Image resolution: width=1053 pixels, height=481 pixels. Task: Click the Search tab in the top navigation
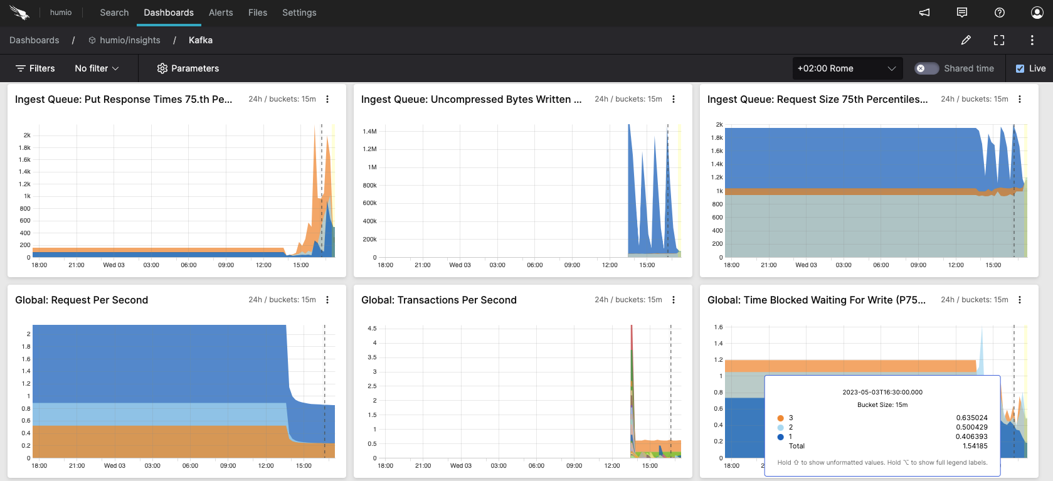click(x=114, y=13)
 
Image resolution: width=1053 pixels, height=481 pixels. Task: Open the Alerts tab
click(x=221, y=13)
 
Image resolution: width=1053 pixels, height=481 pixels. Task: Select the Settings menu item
click(x=299, y=13)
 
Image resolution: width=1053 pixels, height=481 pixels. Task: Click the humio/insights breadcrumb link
click(x=130, y=40)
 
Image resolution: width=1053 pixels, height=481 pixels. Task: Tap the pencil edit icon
click(x=966, y=40)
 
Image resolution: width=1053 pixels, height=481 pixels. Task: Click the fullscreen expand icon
click(x=999, y=40)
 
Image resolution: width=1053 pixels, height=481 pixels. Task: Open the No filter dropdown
click(x=97, y=68)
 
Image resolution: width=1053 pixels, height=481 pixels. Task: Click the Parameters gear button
click(x=188, y=68)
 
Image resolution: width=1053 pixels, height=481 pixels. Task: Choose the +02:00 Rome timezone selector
click(x=847, y=68)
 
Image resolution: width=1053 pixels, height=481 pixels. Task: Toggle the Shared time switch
click(x=926, y=68)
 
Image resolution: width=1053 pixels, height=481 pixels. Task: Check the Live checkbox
click(x=1020, y=69)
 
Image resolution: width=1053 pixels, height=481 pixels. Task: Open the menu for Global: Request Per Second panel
click(x=327, y=300)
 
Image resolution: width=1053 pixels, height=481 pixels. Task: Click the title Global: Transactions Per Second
click(x=439, y=300)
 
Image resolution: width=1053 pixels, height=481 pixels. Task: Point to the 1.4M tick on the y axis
click(x=369, y=132)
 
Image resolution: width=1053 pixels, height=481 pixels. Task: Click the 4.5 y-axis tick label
click(x=372, y=329)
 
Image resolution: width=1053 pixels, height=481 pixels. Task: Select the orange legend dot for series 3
click(x=781, y=418)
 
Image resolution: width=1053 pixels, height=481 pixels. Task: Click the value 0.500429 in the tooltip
click(x=971, y=427)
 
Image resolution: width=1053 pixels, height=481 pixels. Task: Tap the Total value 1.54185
click(x=975, y=446)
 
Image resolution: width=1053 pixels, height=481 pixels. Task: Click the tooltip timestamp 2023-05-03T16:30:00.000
click(x=882, y=392)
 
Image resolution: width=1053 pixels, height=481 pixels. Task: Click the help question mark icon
click(x=1000, y=13)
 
